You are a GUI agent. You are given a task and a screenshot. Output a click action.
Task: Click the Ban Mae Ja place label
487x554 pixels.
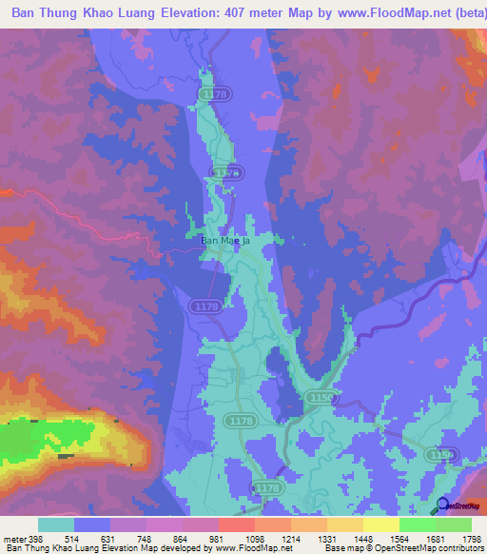pyautogui.click(x=224, y=241)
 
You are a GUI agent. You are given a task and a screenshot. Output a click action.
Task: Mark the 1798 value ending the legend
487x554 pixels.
pyautogui.click(x=471, y=540)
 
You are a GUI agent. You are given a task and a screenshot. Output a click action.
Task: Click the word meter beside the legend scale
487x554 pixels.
pyautogui.click(x=17, y=540)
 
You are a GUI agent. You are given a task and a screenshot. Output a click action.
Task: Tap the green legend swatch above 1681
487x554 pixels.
pyautogui.click(x=453, y=524)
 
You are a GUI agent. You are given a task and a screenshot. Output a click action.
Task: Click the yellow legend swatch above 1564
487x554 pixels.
pyautogui.click(x=380, y=524)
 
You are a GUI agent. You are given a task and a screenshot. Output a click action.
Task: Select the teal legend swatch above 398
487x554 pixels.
pyautogui.click(x=56, y=524)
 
